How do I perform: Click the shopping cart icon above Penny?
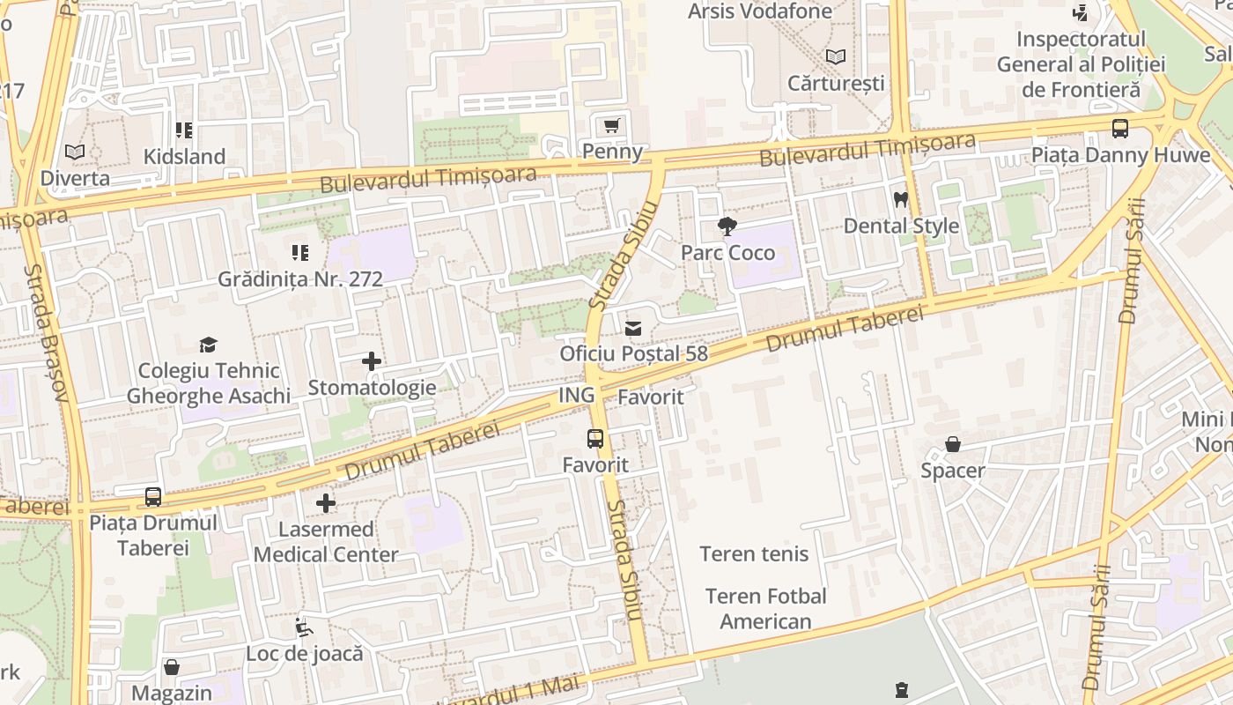point(612,125)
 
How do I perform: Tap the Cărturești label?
point(835,84)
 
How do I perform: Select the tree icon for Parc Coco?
point(727,226)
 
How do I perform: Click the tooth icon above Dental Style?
point(900,200)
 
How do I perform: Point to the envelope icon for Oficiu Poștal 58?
point(632,329)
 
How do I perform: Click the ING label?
point(577,396)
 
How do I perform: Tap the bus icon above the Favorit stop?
point(595,438)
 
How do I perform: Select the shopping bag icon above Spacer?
point(952,444)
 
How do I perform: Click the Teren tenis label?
point(754,554)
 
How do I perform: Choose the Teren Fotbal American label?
point(765,609)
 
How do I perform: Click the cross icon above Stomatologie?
point(372,361)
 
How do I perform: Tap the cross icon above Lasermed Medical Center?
point(326,503)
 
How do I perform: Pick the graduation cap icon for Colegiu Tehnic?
point(208,345)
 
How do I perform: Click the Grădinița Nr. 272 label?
point(300,279)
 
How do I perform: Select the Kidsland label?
point(185,157)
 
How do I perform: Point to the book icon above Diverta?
point(75,152)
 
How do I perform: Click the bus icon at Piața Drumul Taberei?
point(153,497)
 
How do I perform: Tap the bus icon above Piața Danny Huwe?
point(1120,130)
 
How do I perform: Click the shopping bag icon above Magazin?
point(172,667)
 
